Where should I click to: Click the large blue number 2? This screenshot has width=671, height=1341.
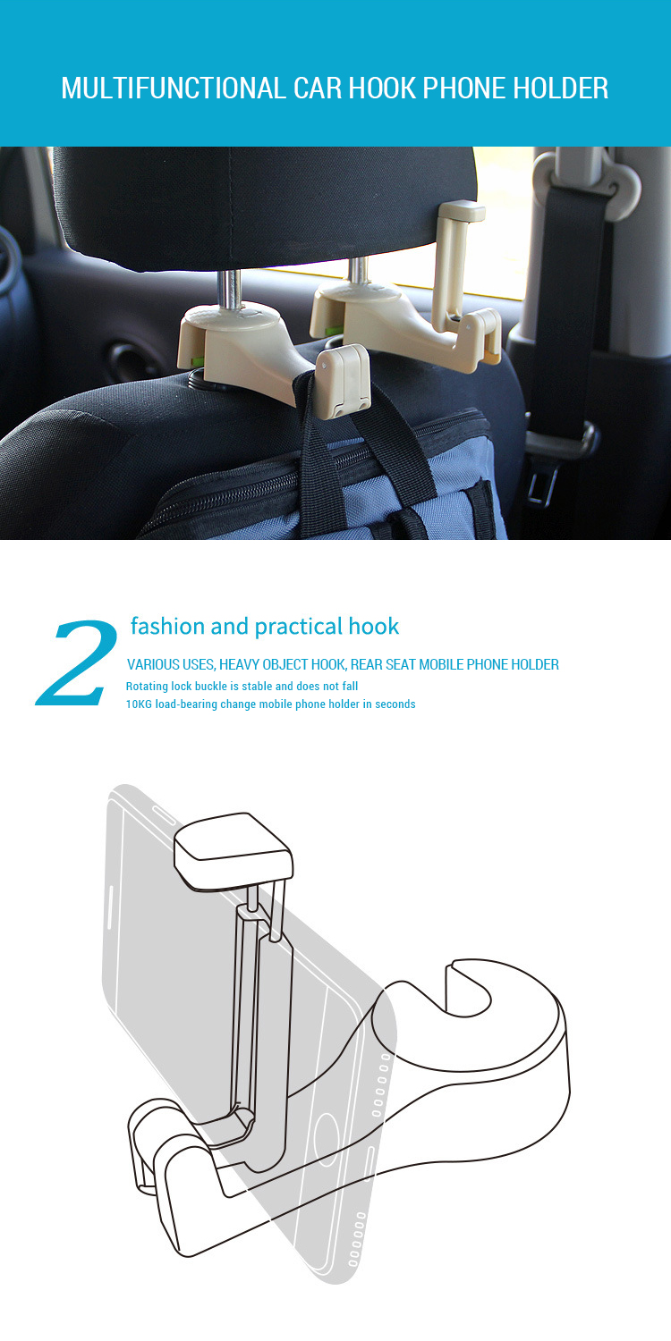(x=79, y=661)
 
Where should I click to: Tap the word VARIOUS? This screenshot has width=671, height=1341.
(x=155, y=664)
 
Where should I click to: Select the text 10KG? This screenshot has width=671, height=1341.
(x=139, y=704)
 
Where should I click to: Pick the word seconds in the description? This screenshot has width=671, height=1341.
(x=395, y=704)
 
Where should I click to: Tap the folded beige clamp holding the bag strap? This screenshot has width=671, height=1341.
(x=342, y=381)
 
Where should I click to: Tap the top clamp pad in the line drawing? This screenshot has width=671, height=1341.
(x=233, y=846)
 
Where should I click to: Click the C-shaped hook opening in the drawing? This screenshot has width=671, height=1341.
(x=465, y=988)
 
